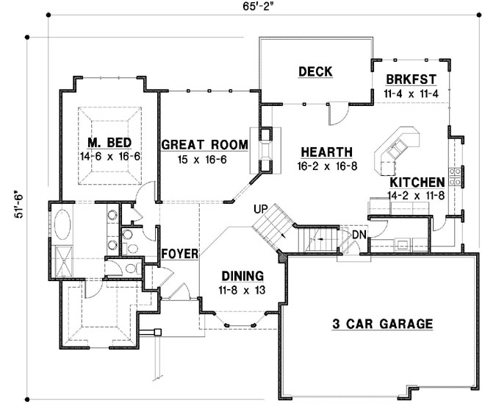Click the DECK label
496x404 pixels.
(x=315, y=71)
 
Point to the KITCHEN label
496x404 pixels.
(x=417, y=182)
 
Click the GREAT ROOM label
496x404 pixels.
(x=193, y=145)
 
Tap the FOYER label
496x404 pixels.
(x=181, y=254)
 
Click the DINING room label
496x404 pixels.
(x=242, y=276)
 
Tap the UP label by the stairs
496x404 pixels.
(x=259, y=208)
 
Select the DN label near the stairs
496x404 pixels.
(x=359, y=235)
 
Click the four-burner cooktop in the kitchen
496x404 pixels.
(x=456, y=177)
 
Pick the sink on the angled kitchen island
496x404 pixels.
(x=394, y=148)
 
